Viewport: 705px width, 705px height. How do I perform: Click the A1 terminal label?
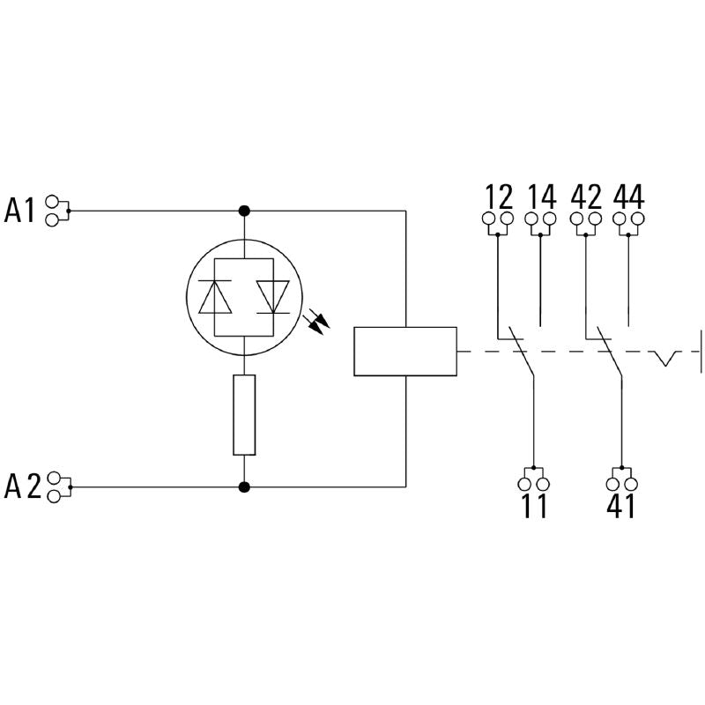[x=23, y=211]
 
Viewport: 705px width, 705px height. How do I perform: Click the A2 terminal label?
[x=23, y=486]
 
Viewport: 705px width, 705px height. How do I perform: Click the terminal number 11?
[x=532, y=507]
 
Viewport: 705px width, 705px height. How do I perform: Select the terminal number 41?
[x=620, y=507]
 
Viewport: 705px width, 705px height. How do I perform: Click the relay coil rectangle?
[x=404, y=352]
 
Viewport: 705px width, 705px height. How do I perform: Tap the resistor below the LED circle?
[x=244, y=414]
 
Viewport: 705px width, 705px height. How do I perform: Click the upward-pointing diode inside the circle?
[x=215, y=297]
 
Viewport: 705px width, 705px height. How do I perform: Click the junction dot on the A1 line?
[x=244, y=211]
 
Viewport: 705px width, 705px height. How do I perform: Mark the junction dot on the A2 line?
[x=244, y=486]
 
